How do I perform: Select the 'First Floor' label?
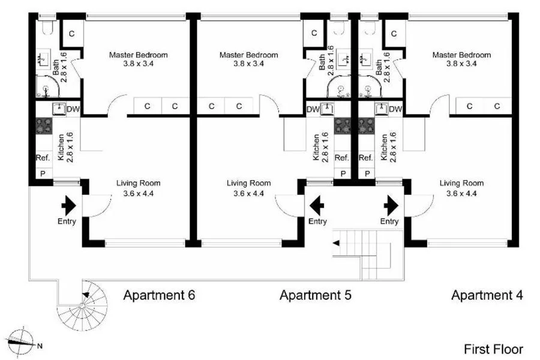coord(493,349)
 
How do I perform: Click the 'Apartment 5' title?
coord(315,295)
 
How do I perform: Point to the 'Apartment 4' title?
coord(487,295)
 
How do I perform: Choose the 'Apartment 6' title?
coord(159,295)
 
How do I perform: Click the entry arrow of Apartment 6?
coord(67,206)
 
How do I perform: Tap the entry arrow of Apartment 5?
coord(317,206)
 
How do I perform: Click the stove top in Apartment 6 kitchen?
coord(44,126)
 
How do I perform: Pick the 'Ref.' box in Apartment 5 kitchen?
coord(341,158)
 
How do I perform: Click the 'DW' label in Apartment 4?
coord(395,109)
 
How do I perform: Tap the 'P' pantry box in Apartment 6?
coord(42,173)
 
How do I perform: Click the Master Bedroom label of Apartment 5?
coord(248,55)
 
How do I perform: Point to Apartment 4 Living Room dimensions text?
coord(461,193)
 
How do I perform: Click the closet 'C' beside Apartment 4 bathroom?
coord(394,34)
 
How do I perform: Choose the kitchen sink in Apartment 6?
coord(59,109)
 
